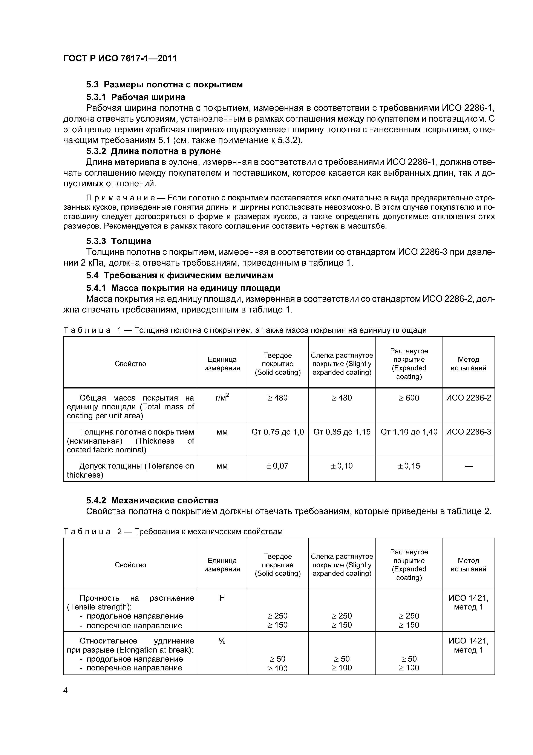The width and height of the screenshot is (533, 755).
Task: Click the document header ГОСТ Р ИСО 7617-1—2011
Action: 120,59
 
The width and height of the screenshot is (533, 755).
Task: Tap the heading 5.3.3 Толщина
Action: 119,241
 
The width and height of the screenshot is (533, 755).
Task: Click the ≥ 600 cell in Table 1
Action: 409,398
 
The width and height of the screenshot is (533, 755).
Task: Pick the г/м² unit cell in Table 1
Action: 222,398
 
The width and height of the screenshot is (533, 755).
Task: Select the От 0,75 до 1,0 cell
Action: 277,432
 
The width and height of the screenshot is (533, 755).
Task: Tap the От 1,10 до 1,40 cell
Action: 409,432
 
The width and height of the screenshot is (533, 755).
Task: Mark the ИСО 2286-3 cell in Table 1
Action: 468,432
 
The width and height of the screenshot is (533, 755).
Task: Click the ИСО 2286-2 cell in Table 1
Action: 468,398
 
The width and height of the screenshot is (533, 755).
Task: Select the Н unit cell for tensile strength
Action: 222,598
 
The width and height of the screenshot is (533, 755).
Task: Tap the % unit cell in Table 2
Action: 222,641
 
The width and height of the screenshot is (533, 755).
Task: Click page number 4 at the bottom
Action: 66,691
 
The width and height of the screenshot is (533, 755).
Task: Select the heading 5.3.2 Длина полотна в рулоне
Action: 153,151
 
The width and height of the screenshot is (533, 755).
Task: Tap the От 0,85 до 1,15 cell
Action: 342,432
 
